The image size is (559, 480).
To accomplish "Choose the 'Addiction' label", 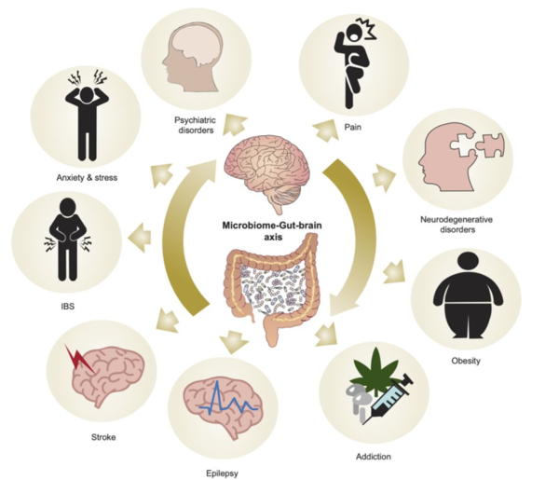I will click(372, 457).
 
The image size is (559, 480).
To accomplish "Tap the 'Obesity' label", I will click(465, 361).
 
